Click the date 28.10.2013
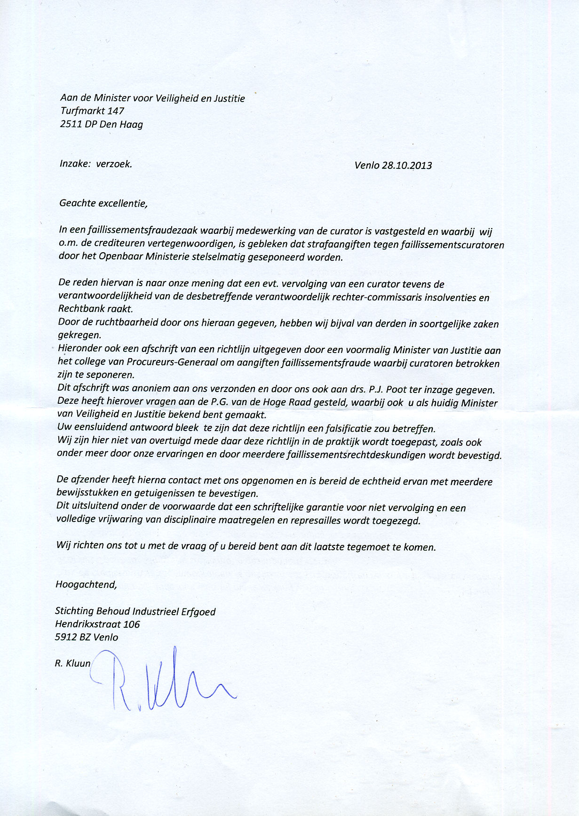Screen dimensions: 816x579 (x=407, y=166)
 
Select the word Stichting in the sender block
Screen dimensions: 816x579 (x=74, y=611)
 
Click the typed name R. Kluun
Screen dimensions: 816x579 (x=72, y=664)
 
